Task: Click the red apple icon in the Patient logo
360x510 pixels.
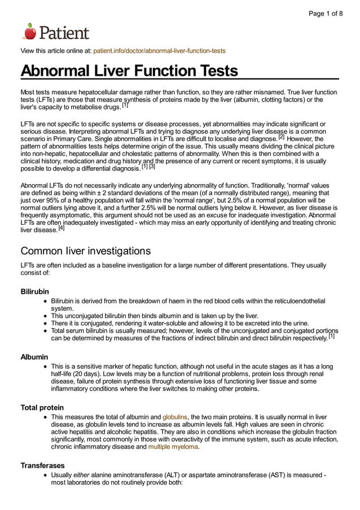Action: tap(30, 31)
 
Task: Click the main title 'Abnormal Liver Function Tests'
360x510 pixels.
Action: tap(129, 71)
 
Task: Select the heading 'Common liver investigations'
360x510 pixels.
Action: tap(85, 250)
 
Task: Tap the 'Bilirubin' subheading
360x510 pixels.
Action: tap(35, 291)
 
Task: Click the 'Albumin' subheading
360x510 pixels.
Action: tap(34, 357)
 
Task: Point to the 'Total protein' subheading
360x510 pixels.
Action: tap(42, 407)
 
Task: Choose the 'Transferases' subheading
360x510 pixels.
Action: tap(43, 465)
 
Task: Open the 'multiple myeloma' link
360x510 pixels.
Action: tap(173, 446)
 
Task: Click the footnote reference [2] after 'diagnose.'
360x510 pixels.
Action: tap(281, 137)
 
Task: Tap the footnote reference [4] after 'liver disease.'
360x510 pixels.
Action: tap(62, 229)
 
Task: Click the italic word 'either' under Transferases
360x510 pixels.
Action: tap(82, 475)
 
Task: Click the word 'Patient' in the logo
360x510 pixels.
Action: tap(64, 32)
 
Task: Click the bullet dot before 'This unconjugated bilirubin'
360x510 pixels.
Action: tap(45, 316)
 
